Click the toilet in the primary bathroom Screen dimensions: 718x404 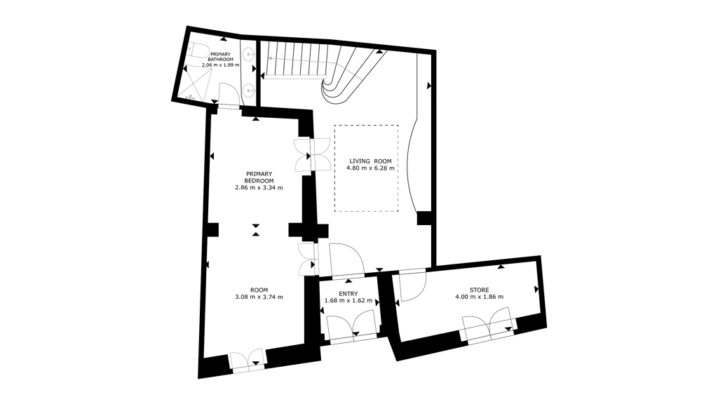[198, 50]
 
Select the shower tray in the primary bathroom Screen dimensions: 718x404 [197, 83]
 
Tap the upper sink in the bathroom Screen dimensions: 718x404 [250, 55]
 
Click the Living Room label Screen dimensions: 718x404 [370, 161]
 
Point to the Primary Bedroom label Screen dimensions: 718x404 [259, 177]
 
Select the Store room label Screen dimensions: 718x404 [479, 290]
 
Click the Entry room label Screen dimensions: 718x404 [348, 294]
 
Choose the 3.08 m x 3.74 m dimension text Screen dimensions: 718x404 [259, 297]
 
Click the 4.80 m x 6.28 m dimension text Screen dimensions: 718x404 [370, 168]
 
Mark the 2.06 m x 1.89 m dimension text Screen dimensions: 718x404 [221, 65]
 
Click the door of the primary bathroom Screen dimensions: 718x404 [229, 95]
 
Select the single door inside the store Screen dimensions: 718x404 [412, 286]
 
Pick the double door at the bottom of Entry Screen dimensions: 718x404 [353, 327]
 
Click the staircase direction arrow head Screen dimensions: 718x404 [270, 58]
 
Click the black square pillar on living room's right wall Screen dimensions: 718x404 [424, 218]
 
